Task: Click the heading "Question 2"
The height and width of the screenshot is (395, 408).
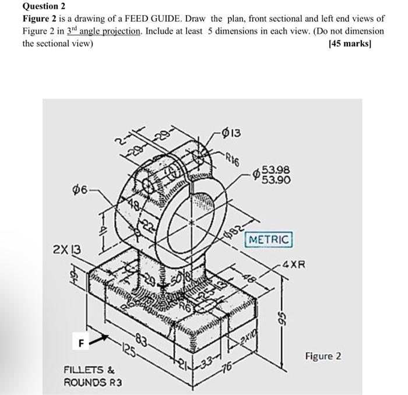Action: [44, 6]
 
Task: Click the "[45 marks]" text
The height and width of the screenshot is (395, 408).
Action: [356, 43]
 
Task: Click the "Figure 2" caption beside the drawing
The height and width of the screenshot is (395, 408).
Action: [322, 356]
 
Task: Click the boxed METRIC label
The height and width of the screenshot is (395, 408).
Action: [269, 239]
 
